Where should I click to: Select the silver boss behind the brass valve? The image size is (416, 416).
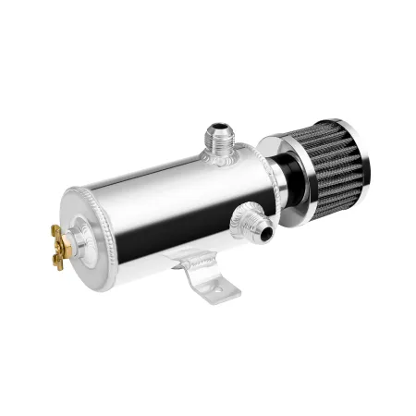coord(80,235)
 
